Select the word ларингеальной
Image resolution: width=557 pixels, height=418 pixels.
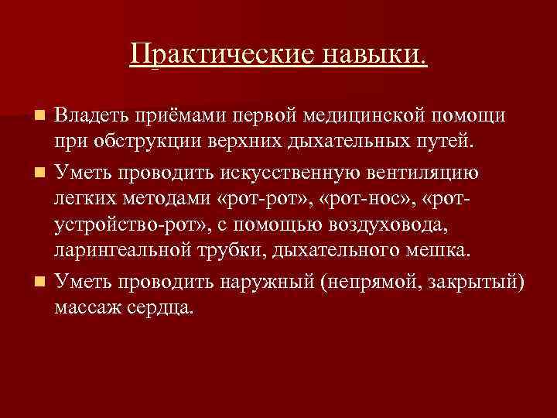[x=124, y=252]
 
